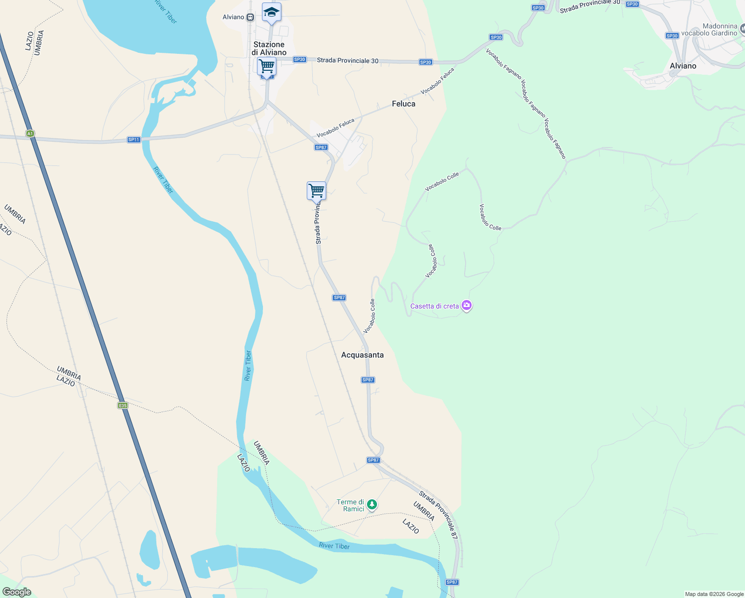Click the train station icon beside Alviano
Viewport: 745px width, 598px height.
pos(250,17)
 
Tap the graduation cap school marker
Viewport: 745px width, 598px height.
pos(271,12)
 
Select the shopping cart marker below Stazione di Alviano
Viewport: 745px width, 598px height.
pos(267,66)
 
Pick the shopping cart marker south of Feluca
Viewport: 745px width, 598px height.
pos(316,191)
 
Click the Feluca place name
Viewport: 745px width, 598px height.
pos(403,104)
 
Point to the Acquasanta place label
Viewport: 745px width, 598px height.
pos(363,355)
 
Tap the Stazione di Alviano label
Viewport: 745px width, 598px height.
pos(269,48)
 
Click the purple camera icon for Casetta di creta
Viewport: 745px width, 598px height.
pos(467,305)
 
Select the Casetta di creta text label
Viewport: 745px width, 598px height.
pos(434,306)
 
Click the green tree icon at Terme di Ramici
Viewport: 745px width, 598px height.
pos(372,505)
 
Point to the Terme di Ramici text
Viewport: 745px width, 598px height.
pos(351,505)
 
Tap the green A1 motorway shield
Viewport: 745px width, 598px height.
pos(30,134)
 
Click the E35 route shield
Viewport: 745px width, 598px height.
pos(123,406)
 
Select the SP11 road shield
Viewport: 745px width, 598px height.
pos(134,140)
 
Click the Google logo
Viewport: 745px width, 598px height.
pos(17,592)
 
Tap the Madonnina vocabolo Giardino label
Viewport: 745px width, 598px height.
pos(709,29)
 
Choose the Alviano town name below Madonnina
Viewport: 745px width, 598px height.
pos(683,66)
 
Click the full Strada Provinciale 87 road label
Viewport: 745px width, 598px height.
pos(438,515)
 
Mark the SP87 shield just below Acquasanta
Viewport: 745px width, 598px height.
pos(368,380)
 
